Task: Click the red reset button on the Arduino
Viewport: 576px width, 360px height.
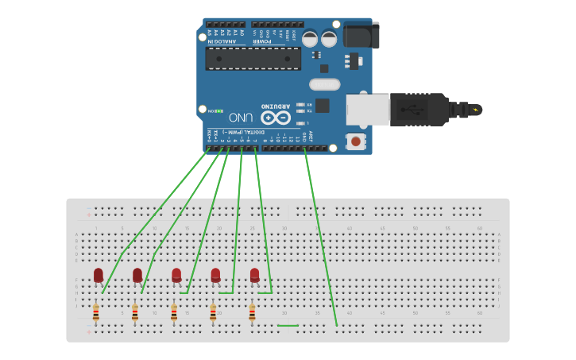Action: (356, 142)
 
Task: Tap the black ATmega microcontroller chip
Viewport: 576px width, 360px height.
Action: (253, 58)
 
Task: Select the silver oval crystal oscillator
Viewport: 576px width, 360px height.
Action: (324, 84)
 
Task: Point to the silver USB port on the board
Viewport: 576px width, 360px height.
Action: (368, 109)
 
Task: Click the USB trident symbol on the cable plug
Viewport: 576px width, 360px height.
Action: (414, 109)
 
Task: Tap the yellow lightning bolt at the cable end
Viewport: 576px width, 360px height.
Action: (476, 110)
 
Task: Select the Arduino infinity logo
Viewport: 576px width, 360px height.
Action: (274, 117)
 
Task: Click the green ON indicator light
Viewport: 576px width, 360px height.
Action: (219, 111)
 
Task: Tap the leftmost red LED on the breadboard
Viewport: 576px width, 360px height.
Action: (99, 275)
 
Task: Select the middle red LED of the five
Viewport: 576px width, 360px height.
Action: (176, 275)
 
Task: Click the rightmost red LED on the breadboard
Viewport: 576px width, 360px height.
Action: (254, 275)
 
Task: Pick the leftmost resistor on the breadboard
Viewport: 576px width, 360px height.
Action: (95, 313)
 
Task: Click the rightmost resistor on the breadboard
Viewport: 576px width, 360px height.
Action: (252, 313)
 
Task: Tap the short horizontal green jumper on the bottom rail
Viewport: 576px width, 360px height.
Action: (288, 326)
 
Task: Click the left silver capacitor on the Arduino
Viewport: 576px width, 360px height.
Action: (310, 37)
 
